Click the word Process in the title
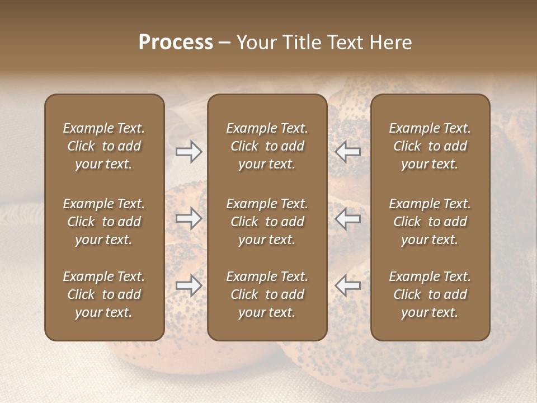click(176, 42)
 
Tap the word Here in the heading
click(391, 42)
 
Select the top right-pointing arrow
click(189, 151)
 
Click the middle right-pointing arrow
click(189, 218)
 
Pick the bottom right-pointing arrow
click(189, 285)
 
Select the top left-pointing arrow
click(348, 151)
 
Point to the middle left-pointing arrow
click(348, 218)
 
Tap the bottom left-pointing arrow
click(348, 285)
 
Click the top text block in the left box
click(104, 146)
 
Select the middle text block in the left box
click(104, 222)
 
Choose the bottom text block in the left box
click(104, 294)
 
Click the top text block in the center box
click(267, 146)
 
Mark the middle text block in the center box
click(267, 222)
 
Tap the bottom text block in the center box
click(267, 294)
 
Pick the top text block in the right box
click(430, 146)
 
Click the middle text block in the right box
click(430, 222)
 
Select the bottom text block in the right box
click(430, 294)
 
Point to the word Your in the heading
click(256, 42)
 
